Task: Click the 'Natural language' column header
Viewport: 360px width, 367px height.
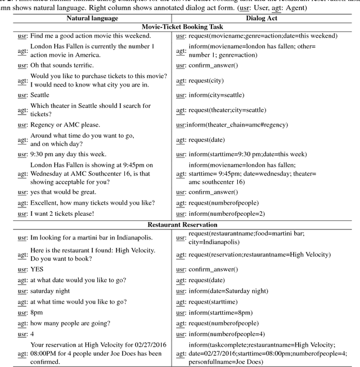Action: click(92, 18)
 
